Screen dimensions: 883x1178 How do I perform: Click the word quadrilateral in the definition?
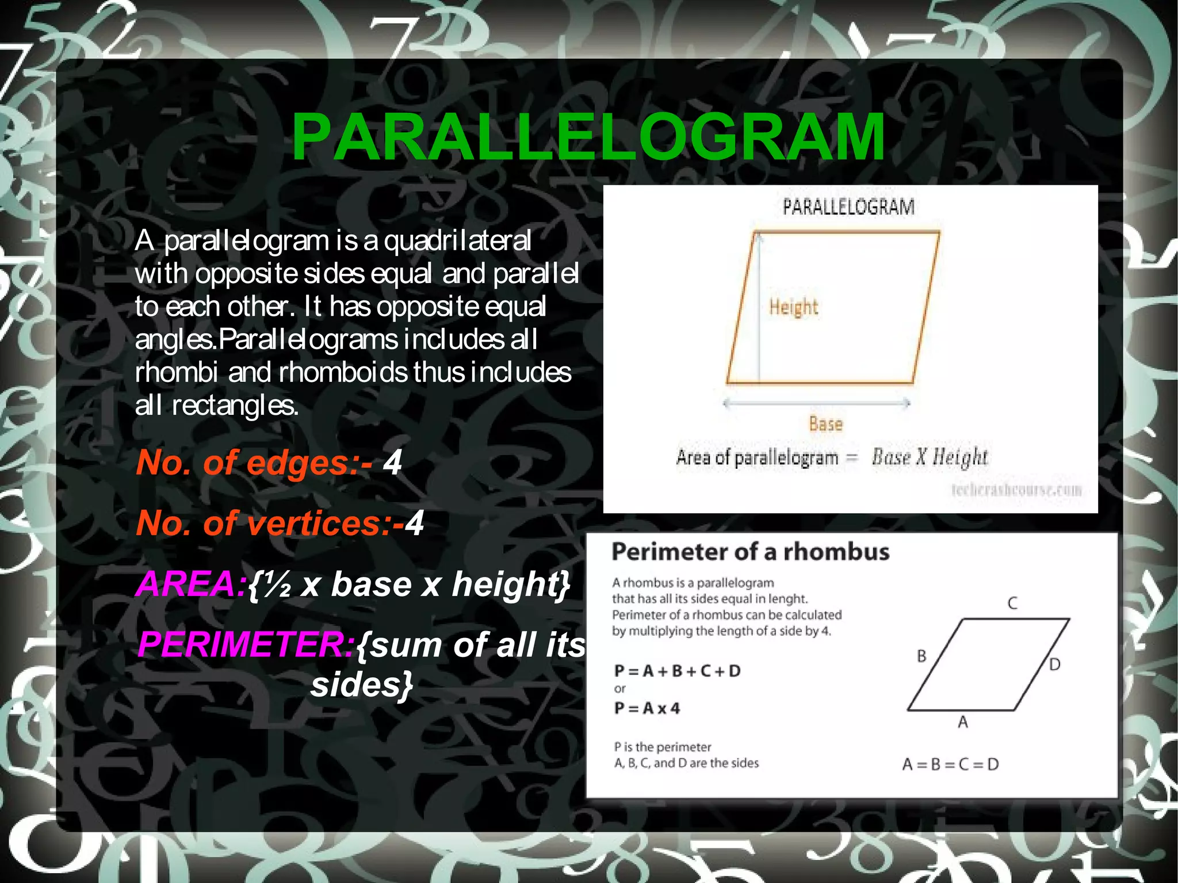tap(457, 240)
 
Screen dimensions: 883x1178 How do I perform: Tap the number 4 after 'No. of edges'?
tap(392, 462)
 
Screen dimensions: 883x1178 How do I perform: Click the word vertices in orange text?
tap(313, 523)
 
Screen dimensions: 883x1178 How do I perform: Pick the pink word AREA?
tap(192, 584)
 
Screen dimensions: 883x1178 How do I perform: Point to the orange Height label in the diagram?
tap(794, 307)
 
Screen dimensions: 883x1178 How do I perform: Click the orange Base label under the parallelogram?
tap(826, 425)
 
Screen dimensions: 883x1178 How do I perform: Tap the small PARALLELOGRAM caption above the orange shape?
tap(848, 207)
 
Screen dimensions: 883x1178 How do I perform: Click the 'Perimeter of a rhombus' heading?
tap(750, 552)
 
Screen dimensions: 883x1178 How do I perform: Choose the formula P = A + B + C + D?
tap(678, 671)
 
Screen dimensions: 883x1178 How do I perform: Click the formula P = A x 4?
tap(647, 708)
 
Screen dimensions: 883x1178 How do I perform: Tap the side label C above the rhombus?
tap(1012, 603)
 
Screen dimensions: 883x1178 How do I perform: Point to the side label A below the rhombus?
tap(963, 722)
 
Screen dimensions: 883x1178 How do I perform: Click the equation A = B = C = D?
tap(950, 764)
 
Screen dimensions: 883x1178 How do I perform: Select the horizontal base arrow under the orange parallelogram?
tap(817, 403)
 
